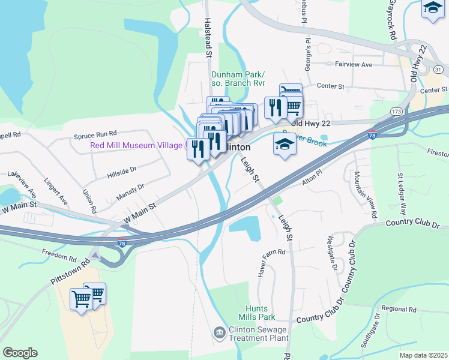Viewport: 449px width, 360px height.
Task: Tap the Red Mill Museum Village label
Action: pyautogui.click(x=137, y=145)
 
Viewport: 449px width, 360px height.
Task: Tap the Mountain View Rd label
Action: pyautogui.click(x=365, y=194)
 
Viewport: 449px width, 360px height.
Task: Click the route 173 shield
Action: pyautogui.click(x=396, y=112)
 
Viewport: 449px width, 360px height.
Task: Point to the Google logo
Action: pyautogui.click(x=20, y=352)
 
